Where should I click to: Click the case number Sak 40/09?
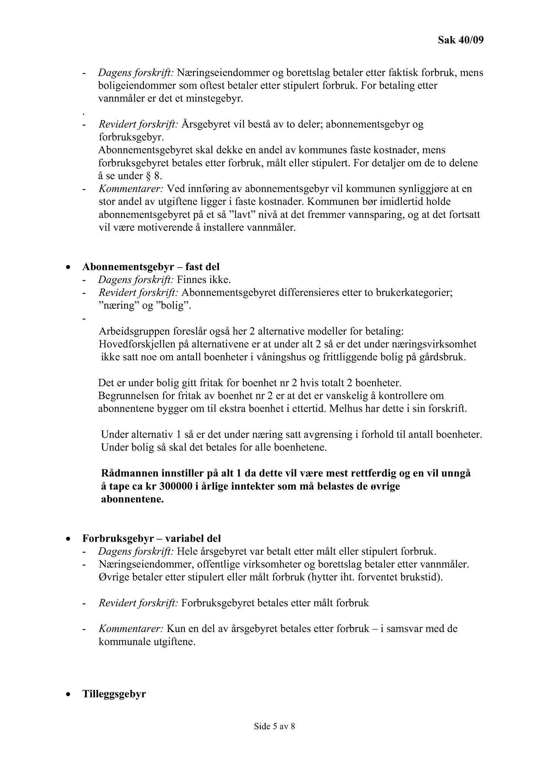pyautogui.click(x=461, y=40)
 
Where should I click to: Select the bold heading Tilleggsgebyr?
pyautogui.click(x=114, y=694)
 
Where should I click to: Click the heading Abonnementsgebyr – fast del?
pyautogui.click(x=151, y=267)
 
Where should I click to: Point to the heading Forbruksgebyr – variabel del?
pyautogui.click(x=151, y=538)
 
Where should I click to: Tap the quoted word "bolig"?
pyautogui.click(x=177, y=306)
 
